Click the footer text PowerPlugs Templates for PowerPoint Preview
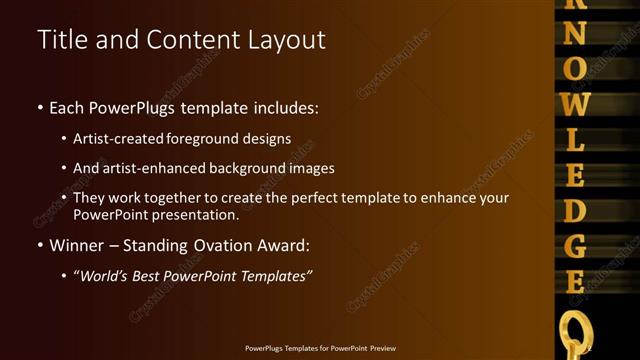click(x=320, y=348)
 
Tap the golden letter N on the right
click(x=575, y=33)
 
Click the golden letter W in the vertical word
click(x=575, y=102)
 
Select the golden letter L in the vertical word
click(x=575, y=138)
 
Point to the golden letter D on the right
click(x=575, y=210)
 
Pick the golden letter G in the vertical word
click(x=575, y=245)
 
